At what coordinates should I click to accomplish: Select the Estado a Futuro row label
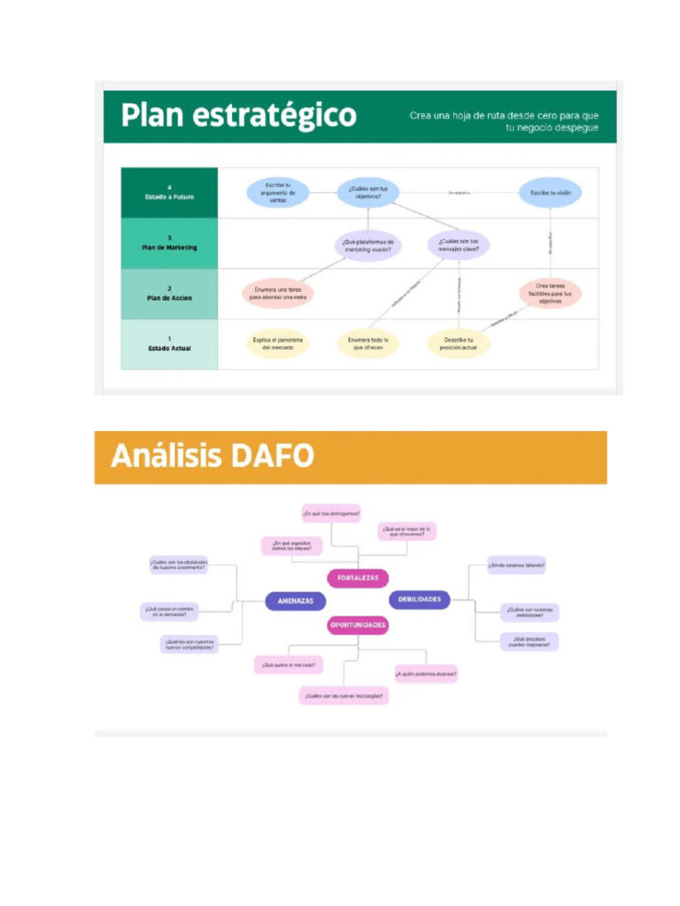[169, 193]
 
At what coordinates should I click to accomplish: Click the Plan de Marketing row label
[169, 243]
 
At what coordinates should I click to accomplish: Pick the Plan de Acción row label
[169, 294]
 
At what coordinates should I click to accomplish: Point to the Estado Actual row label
[169, 344]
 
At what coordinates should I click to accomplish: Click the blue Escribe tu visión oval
[550, 192]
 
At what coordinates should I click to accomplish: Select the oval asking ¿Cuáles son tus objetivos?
[367, 192]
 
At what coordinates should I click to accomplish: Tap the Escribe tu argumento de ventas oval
[277, 192]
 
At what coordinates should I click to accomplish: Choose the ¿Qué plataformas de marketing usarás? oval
[367, 244]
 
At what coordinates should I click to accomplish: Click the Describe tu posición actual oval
[459, 343]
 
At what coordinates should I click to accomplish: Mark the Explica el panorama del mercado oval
[277, 343]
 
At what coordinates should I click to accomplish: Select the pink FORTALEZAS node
[358, 578]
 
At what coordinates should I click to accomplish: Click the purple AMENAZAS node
[295, 600]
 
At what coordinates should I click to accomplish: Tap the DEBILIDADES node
[420, 599]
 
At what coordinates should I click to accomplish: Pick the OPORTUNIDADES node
[358, 625]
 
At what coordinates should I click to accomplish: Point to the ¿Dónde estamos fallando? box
[516, 564]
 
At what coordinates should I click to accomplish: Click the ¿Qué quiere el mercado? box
[288, 664]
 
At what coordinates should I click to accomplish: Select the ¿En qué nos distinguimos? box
[331, 513]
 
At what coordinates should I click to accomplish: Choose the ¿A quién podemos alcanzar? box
[426, 673]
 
